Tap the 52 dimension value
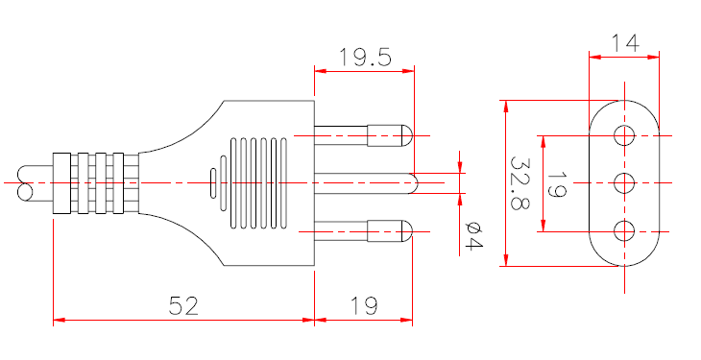tap(183, 306)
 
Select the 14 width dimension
tap(625, 42)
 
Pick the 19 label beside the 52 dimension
tap(363, 306)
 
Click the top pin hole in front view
tap(625, 133)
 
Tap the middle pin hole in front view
tap(625, 181)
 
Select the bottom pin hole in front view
tap(625, 230)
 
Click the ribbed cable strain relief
tap(94, 182)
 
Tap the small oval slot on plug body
tap(212, 182)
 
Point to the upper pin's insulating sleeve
tap(342, 134)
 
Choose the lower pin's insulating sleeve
tap(342, 230)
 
